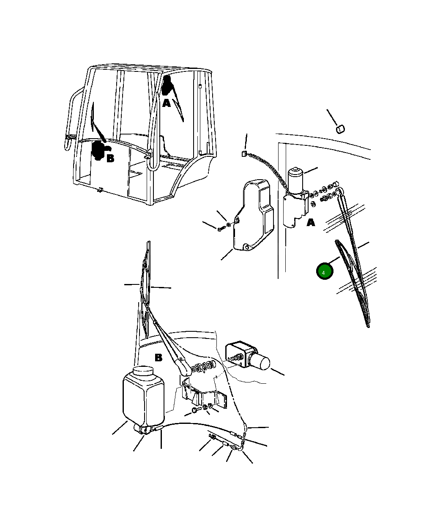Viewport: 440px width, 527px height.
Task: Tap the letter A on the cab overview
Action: pyautogui.click(x=167, y=103)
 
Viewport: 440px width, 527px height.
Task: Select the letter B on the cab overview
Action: pyautogui.click(x=110, y=158)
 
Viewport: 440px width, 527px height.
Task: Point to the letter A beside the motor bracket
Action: pyautogui.click(x=311, y=222)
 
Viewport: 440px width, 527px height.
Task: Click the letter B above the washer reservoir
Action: pyautogui.click(x=158, y=358)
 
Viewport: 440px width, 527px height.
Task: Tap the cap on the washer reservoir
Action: pyautogui.click(x=143, y=371)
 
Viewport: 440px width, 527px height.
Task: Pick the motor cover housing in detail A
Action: pyautogui.click(x=253, y=215)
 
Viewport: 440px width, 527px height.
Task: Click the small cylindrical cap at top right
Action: pyautogui.click(x=341, y=129)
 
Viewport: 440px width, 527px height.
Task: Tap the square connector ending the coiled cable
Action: pyautogui.click(x=243, y=153)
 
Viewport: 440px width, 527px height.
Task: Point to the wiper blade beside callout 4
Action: pyautogui.click(x=353, y=284)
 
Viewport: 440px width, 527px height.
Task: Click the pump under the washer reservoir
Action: pyautogui.click(x=143, y=429)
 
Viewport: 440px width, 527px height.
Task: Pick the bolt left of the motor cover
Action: pyautogui.click(x=221, y=229)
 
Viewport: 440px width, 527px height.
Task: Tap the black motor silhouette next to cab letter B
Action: pyautogui.click(x=99, y=150)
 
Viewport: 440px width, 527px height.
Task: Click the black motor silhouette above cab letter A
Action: pyautogui.click(x=167, y=85)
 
